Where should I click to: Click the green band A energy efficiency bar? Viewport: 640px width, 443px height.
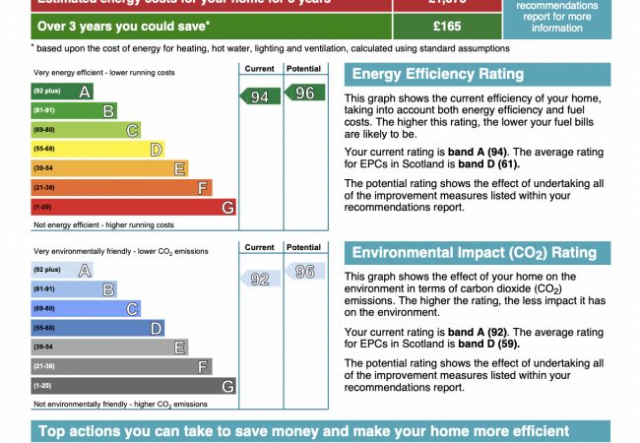(62, 92)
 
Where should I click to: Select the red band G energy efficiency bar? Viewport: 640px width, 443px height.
(133, 207)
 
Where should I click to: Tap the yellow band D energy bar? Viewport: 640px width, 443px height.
(97, 150)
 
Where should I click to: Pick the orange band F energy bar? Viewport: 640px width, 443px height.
(121, 188)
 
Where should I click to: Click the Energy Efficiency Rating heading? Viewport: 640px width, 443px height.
(437, 74)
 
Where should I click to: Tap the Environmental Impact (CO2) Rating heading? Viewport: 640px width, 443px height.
(474, 253)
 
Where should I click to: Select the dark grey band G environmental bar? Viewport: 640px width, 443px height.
(133, 386)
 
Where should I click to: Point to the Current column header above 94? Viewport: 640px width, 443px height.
(259, 69)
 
